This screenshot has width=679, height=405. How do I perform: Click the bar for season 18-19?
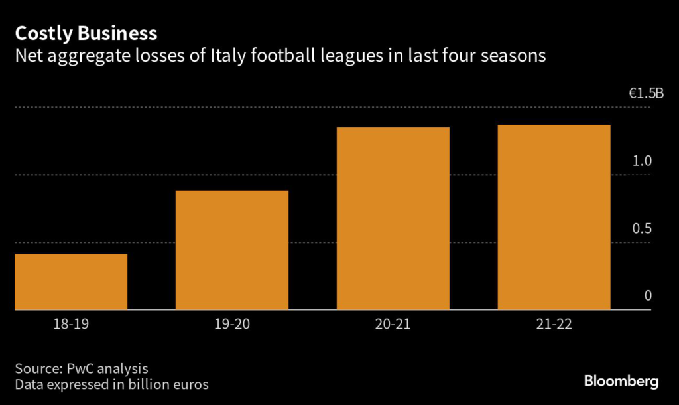click(71, 282)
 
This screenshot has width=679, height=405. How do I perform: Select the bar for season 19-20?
click(232, 250)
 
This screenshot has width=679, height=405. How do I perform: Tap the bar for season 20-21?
click(393, 218)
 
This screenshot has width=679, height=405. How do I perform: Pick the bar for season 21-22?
click(554, 217)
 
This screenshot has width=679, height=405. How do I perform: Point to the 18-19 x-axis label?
click(71, 325)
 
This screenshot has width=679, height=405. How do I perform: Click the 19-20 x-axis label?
click(232, 325)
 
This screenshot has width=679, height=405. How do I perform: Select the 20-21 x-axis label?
click(393, 325)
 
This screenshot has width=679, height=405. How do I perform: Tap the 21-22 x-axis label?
click(554, 325)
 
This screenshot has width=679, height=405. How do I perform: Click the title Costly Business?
click(86, 33)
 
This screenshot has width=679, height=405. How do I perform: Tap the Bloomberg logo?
click(621, 381)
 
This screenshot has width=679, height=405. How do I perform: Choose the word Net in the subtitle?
click(28, 56)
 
